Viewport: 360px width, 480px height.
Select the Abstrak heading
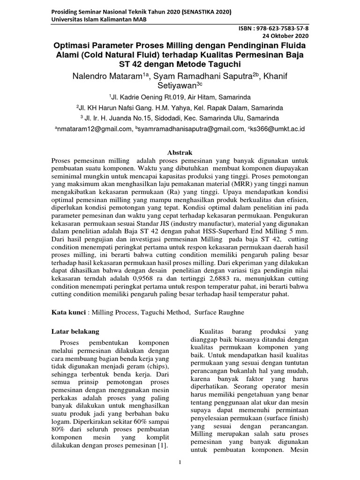click(x=180, y=152)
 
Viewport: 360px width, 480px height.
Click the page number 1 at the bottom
click(x=180, y=463)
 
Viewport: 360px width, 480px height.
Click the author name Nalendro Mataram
click(x=98, y=75)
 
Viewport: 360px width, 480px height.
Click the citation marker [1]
click(x=163, y=444)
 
